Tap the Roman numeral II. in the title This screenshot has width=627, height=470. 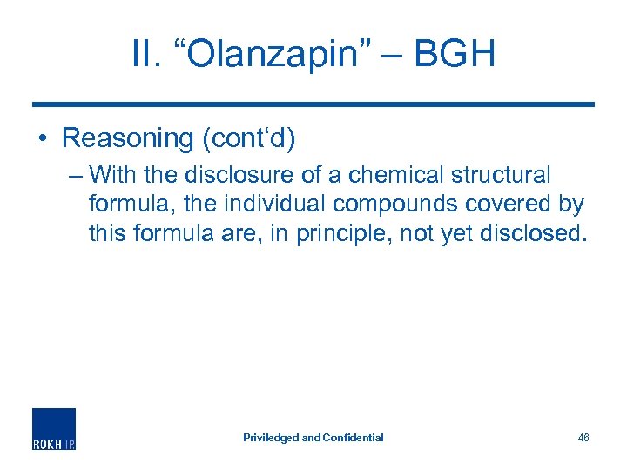tap(146, 54)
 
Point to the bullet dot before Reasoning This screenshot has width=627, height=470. tap(41, 138)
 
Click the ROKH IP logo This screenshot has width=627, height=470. tap(54, 429)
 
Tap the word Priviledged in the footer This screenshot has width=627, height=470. tap(270, 438)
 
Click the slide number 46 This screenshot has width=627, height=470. tap(583, 438)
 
